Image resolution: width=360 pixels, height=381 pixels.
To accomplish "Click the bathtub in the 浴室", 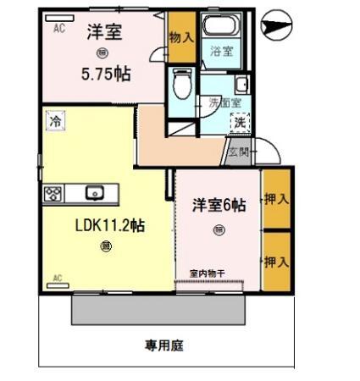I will click(x=222, y=25).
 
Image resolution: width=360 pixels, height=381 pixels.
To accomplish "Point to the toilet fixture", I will click(x=179, y=84).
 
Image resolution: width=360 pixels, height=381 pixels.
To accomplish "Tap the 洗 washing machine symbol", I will click(x=241, y=121).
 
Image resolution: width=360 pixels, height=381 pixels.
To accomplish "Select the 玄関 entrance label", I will click(x=238, y=152).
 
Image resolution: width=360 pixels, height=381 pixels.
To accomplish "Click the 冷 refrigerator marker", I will click(x=53, y=121).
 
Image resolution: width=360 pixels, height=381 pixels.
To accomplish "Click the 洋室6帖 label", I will click(x=219, y=204).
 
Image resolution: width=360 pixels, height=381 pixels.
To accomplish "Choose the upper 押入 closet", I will click(x=275, y=199).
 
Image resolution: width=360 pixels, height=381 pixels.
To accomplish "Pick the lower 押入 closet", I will click(x=275, y=261).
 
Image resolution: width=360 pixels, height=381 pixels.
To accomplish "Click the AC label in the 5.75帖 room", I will click(x=59, y=28).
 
